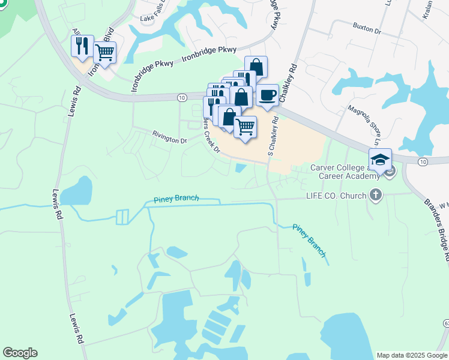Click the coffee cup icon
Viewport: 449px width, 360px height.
click(267, 95)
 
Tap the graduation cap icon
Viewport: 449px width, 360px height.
click(380, 160)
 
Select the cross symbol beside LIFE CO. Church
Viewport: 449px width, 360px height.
click(376, 194)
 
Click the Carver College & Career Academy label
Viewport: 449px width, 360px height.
click(345, 172)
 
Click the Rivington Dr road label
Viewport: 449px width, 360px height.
click(169, 139)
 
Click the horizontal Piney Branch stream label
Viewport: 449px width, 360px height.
click(176, 199)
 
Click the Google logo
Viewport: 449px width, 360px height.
click(20, 353)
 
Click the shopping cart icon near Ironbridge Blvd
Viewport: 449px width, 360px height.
click(104, 53)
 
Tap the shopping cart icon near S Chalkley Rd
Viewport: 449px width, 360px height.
click(245, 127)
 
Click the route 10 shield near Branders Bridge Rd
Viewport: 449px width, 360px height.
click(423, 162)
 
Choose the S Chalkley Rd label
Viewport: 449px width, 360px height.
click(274, 133)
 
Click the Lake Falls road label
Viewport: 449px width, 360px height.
click(152, 17)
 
